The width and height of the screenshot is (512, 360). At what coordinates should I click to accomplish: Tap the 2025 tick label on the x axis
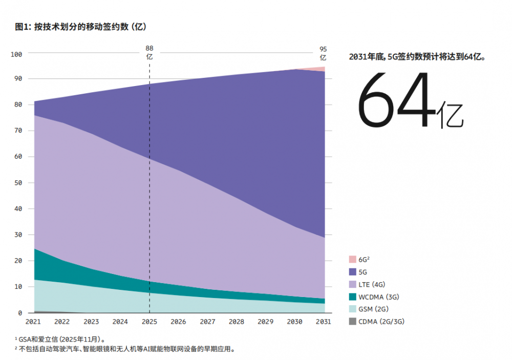tap(149, 322)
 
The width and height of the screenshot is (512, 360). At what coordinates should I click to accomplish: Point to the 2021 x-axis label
tap(33, 322)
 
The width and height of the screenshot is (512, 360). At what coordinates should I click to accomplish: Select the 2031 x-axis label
tap(323, 322)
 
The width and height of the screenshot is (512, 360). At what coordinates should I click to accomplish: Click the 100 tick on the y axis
tap(16, 54)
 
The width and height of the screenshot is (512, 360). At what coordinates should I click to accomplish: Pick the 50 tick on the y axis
tap(18, 183)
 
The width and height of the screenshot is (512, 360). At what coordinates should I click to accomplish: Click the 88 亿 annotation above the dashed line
tap(150, 53)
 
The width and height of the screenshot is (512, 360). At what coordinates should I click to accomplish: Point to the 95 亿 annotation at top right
tap(323, 53)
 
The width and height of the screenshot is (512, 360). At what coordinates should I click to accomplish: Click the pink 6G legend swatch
tap(352, 260)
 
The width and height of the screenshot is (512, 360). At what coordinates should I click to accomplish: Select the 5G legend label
tap(362, 272)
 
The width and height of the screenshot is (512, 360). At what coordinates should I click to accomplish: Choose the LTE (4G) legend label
tap(371, 284)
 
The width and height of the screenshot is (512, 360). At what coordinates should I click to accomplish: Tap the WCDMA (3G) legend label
tap(378, 297)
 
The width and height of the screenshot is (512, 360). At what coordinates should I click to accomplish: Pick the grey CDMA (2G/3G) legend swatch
tap(352, 321)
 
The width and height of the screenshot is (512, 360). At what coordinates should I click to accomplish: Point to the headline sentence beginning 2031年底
tap(416, 57)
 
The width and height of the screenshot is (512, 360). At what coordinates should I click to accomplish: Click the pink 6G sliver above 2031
tap(321, 69)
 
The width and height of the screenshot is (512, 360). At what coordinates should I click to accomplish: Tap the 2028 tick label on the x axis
tap(236, 322)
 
